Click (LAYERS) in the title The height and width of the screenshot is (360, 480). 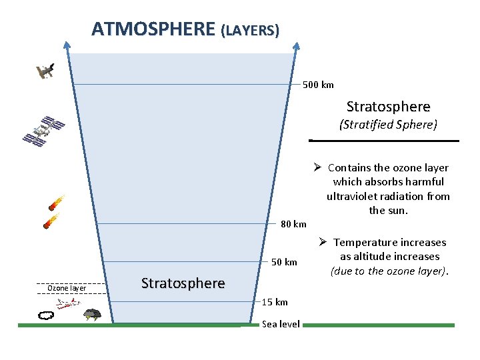[x=250, y=31]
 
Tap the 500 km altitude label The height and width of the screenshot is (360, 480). [x=318, y=85]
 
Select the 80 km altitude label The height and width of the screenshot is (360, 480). [x=293, y=224]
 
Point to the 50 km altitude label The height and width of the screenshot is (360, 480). [x=284, y=262]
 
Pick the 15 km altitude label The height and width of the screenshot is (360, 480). [x=275, y=302]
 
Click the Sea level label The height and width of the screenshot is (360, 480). [x=281, y=324]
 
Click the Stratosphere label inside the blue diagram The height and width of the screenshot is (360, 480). [x=183, y=283]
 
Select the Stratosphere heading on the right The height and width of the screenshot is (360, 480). [x=388, y=107]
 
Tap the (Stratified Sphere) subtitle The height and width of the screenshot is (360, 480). [x=388, y=125]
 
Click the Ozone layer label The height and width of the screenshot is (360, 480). [x=66, y=288]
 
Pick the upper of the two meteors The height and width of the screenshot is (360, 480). [x=56, y=202]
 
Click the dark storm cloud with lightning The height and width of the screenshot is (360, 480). [x=92, y=314]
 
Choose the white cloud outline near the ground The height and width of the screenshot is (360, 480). [x=47, y=315]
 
